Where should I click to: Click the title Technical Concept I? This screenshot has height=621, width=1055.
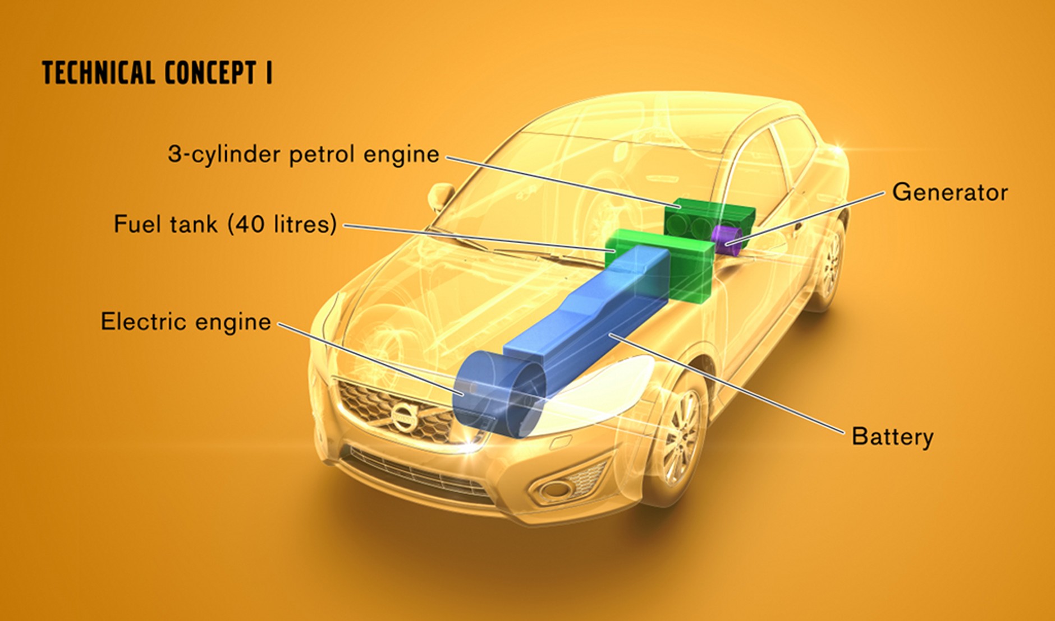158,73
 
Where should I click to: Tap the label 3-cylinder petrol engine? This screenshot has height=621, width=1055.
304,154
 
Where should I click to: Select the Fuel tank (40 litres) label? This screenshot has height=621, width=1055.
226,224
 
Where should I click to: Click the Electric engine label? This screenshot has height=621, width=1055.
186,322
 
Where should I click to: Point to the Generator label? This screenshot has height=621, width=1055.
950,192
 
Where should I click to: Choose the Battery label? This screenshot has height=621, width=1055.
893,437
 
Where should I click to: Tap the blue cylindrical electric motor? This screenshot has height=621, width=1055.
499,393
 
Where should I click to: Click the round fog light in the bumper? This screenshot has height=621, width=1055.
556,488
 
